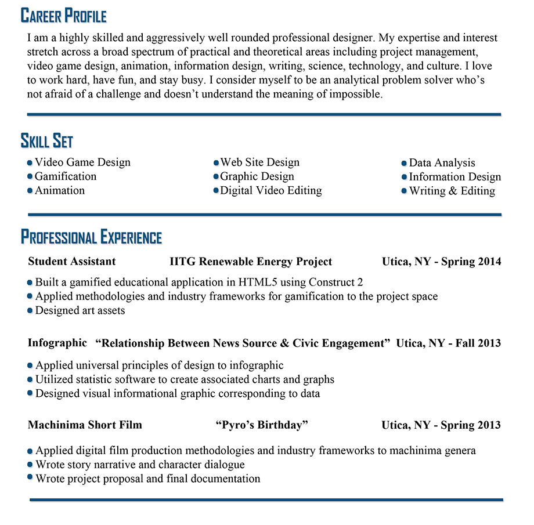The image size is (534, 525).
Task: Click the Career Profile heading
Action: click(63, 16)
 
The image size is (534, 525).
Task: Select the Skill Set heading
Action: click(46, 141)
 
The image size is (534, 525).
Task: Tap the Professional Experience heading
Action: click(91, 237)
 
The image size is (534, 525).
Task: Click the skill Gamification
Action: click(66, 176)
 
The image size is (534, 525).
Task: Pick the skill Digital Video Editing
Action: click(271, 190)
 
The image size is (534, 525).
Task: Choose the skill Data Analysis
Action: click(442, 163)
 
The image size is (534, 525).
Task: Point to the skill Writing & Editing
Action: click(452, 191)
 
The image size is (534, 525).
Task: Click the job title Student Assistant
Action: click(72, 262)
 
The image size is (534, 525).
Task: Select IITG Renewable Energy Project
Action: click(251, 262)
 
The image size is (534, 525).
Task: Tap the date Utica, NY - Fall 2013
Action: click(448, 343)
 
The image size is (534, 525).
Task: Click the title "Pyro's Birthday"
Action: click(262, 425)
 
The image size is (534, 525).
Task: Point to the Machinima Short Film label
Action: click(85, 425)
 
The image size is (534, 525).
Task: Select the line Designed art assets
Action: click(80, 310)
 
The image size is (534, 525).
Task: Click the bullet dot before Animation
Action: click(30, 191)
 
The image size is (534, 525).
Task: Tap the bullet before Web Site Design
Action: click(217, 163)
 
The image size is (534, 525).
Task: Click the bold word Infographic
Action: click(57, 343)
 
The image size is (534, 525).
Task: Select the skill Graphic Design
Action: click(257, 176)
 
